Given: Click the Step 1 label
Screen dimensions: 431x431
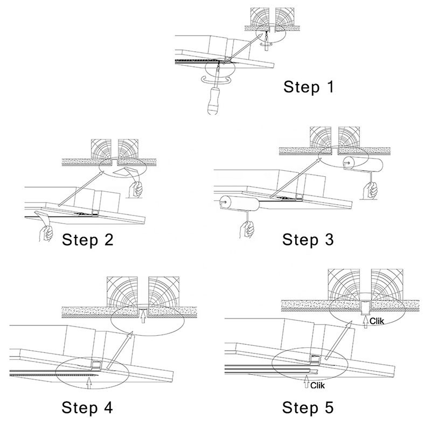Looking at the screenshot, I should point(309,86).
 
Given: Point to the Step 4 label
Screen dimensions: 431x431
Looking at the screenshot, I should point(88,407).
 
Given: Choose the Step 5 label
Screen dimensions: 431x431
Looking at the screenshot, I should point(308,407).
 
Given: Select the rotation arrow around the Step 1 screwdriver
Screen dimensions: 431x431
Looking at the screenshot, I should point(215,79).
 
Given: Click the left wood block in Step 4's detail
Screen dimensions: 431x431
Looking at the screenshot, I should point(123,291).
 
